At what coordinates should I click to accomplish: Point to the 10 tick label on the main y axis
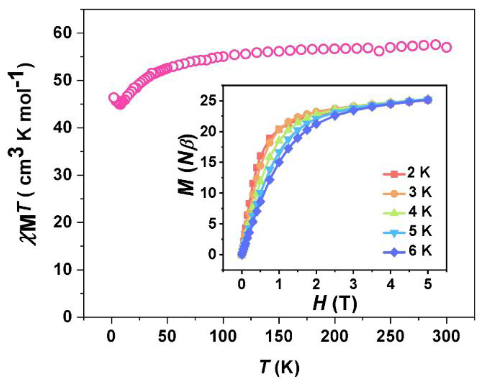pos(63,270)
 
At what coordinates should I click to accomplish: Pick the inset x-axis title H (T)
pos(335,303)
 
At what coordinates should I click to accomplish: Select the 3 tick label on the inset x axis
pos(353,284)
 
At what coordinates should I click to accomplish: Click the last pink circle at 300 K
pos(447,48)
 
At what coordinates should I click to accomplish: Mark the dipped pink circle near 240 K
pos(379,51)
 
